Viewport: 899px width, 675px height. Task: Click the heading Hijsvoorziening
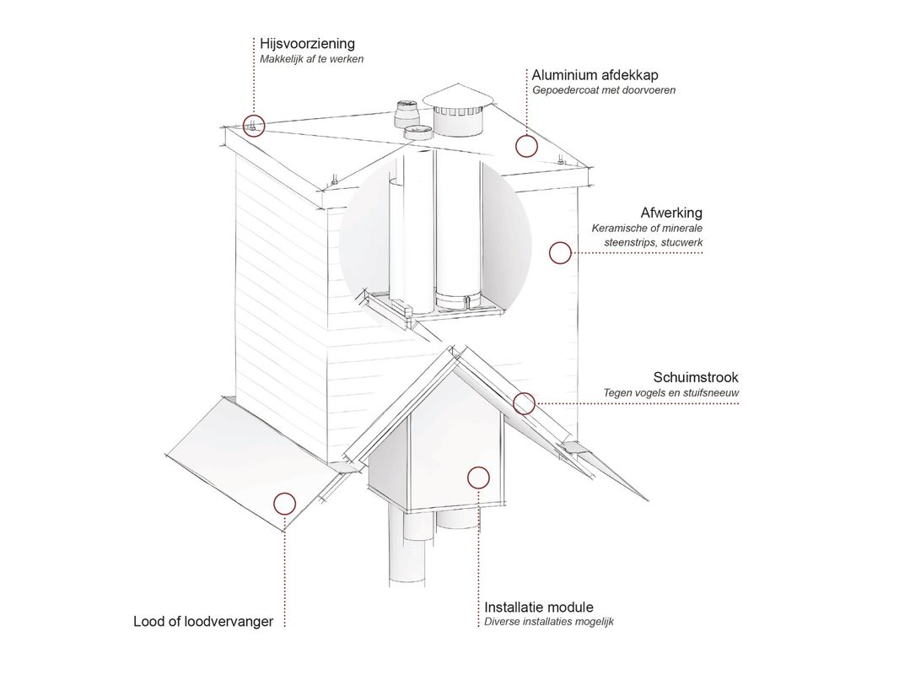[307, 43]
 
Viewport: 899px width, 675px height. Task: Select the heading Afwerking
[671, 213]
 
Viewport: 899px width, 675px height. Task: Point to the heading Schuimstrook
[696, 377]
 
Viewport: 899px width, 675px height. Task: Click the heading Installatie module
[538, 607]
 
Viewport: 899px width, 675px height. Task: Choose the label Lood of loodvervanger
[203, 622]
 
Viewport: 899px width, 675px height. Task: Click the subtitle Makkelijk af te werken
[312, 59]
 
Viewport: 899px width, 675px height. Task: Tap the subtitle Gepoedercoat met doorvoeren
[604, 90]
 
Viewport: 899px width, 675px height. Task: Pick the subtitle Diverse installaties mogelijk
[548, 623]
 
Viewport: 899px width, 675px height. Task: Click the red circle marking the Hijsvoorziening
[254, 126]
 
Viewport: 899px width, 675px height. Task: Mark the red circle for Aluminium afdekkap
[526, 146]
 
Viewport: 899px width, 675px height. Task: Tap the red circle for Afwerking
[560, 252]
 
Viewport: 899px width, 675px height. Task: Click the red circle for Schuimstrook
[525, 403]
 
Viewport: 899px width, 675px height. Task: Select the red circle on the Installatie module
[478, 478]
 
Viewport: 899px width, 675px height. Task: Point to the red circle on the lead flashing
[284, 505]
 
